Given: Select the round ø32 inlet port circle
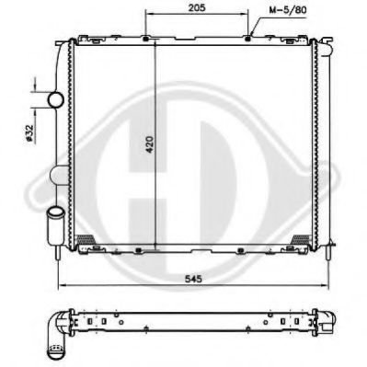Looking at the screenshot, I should tap(55, 98).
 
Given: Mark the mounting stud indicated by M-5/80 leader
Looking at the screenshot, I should tap(250, 37).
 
